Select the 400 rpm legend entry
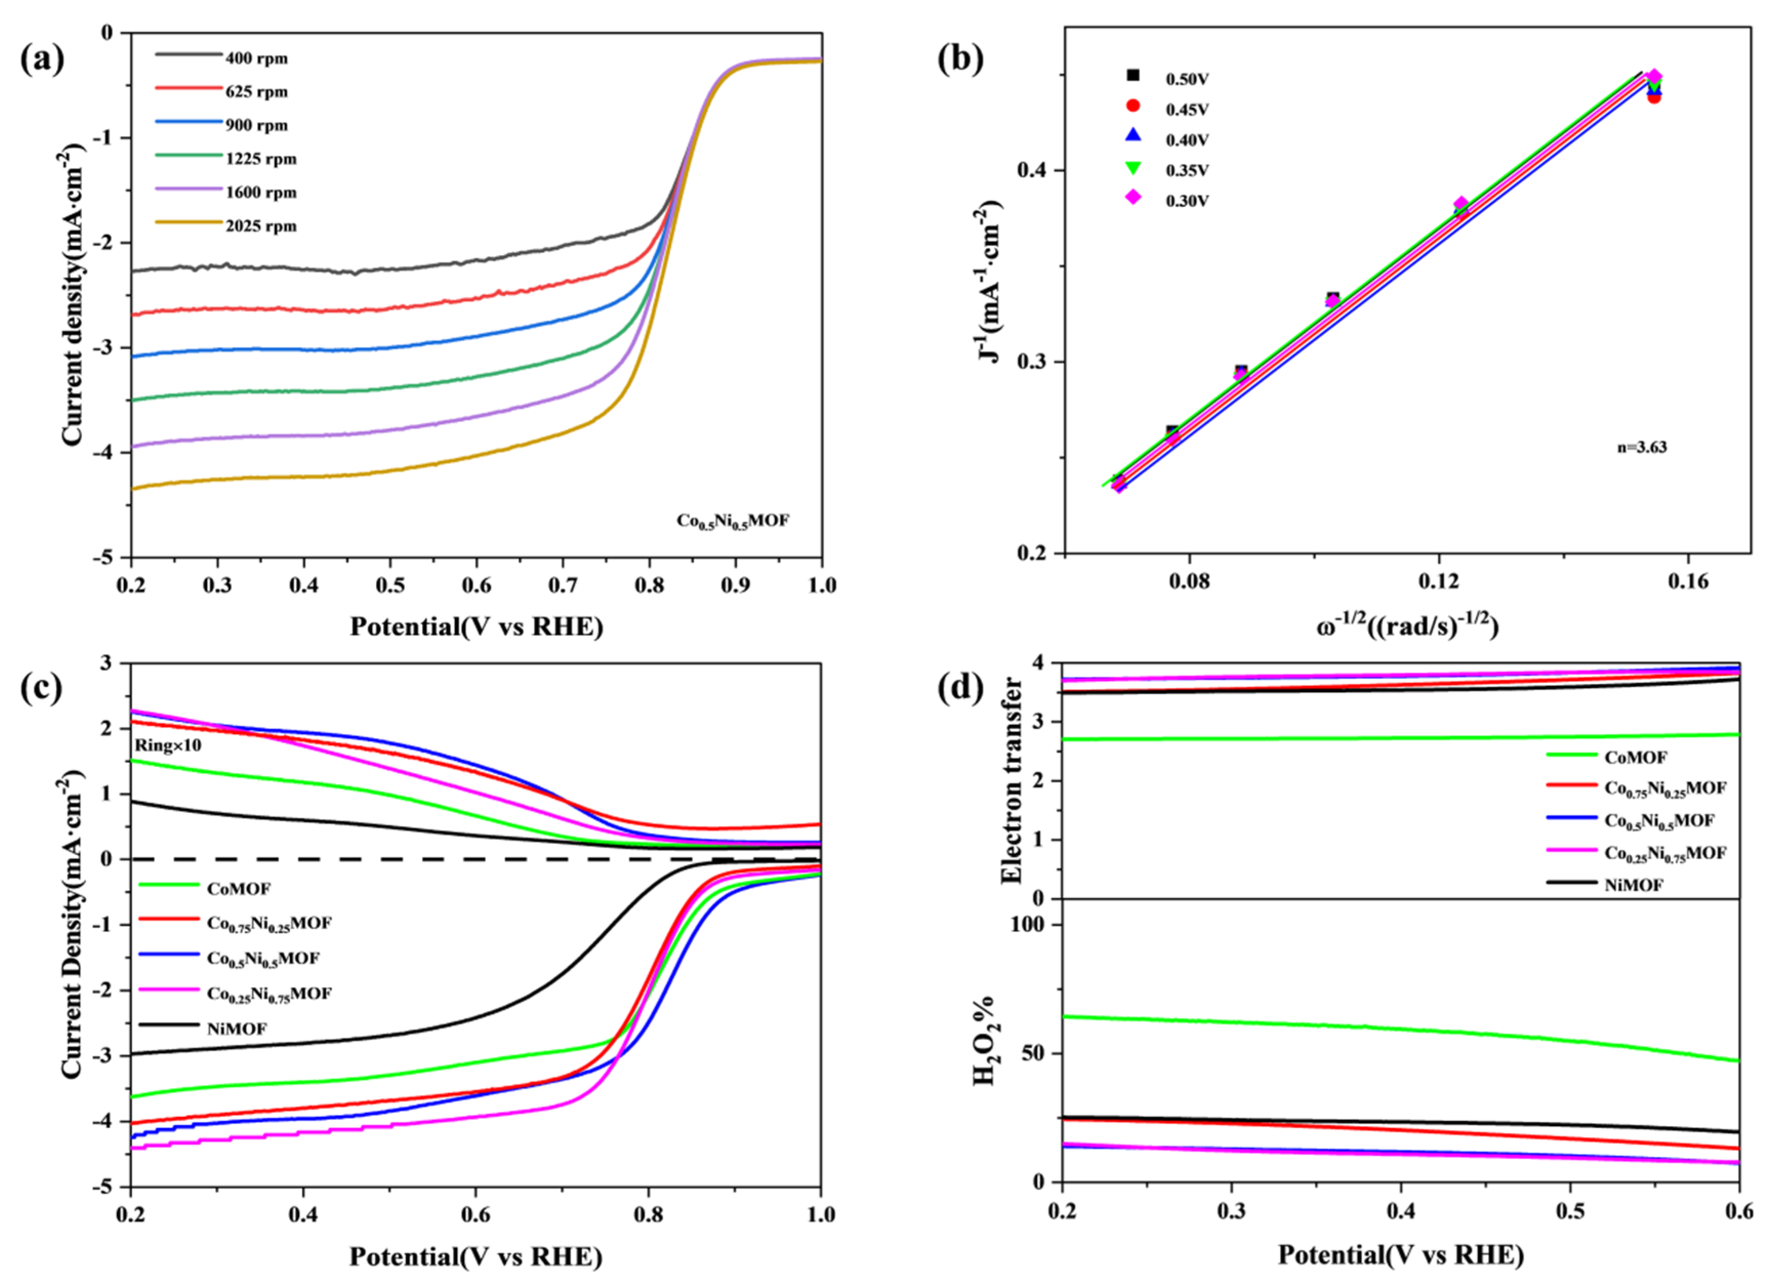coord(256,58)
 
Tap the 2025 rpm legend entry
coord(261,226)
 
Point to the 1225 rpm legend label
coord(261,159)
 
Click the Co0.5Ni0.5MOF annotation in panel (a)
coord(733,521)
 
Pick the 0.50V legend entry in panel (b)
coord(1186,78)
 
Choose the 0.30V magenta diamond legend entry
coord(1186,200)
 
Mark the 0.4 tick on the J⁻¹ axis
coord(1036,170)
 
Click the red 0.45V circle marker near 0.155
coord(1654,97)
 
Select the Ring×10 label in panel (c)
coord(168,745)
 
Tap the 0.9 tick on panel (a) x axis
coord(735,585)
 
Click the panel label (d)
coord(959,688)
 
